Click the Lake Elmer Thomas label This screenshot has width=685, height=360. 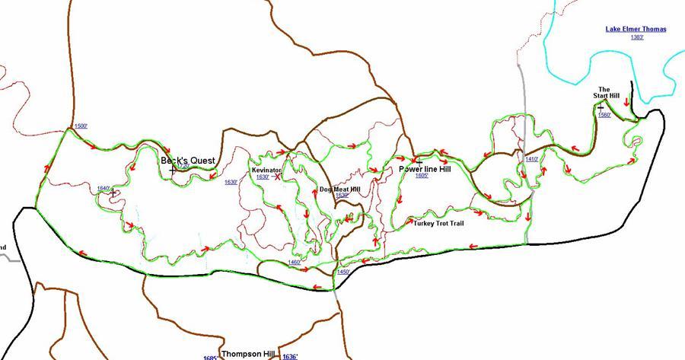(x=636, y=30)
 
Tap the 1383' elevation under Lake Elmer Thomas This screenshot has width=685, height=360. (x=637, y=37)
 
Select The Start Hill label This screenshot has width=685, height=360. (x=609, y=93)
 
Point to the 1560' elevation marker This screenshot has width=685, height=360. (x=605, y=115)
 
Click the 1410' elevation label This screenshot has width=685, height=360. (x=532, y=159)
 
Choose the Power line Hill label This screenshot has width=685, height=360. (x=425, y=170)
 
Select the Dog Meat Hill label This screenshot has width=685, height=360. (x=339, y=189)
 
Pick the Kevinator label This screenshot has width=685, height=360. (x=266, y=170)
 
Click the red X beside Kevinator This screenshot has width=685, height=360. (x=278, y=176)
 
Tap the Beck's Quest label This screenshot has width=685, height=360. (x=187, y=161)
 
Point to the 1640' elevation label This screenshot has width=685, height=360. (x=104, y=188)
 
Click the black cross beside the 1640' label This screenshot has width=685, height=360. (x=113, y=193)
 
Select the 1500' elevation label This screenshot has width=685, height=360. (x=81, y=126)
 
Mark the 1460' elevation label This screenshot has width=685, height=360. (x=295, y=263)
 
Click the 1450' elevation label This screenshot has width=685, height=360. (x=343, y=272)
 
